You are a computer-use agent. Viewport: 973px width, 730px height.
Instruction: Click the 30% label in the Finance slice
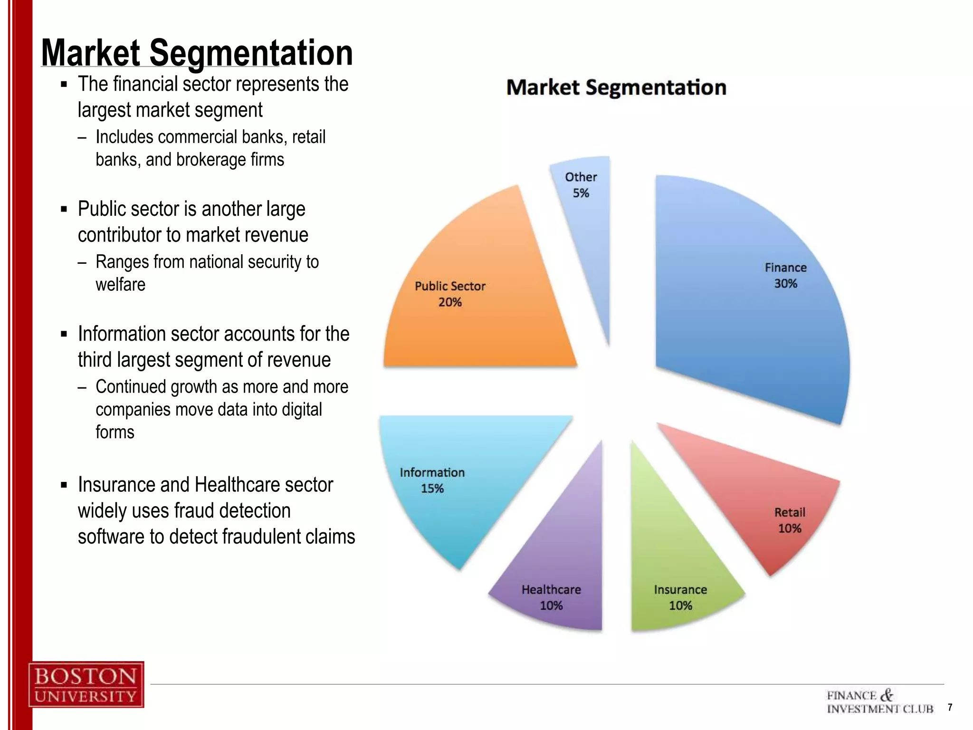[x=785, y=284]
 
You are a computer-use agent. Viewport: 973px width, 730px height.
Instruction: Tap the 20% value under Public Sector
[x=450, y=302]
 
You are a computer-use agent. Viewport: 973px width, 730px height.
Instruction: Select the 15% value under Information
[x=432, y=489]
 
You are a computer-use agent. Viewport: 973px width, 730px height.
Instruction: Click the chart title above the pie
[x=616, y=87]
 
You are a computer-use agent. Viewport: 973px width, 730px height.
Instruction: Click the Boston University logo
[x=86, y=684]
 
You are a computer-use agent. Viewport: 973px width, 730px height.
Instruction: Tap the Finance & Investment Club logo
[x=879, y=702]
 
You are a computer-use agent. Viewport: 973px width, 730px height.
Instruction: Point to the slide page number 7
[x=950, y=707]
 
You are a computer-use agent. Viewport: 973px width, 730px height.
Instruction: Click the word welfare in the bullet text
[x=120, y=285]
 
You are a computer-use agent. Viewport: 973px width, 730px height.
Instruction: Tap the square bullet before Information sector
[x=64, y=335]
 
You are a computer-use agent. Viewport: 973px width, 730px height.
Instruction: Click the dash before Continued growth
[x=82, y=387]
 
